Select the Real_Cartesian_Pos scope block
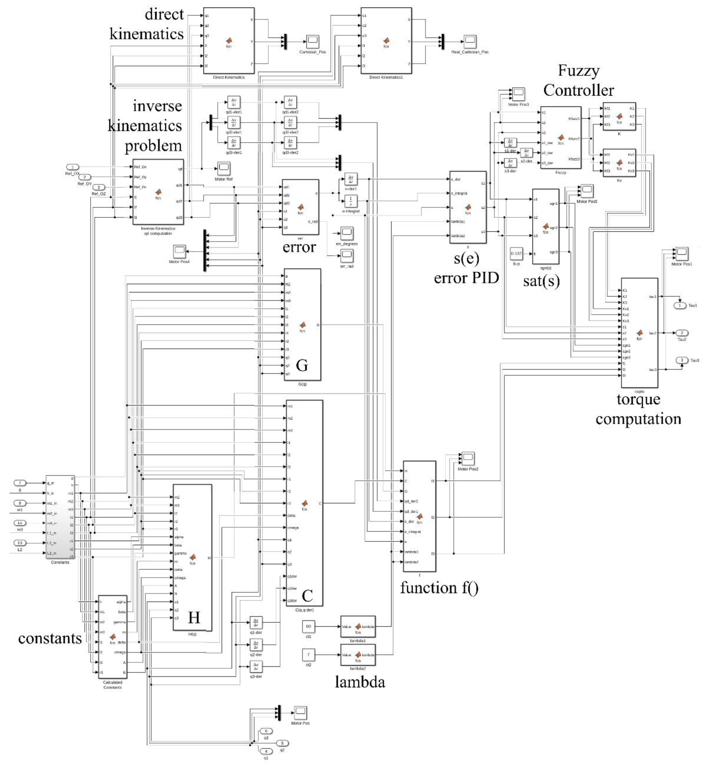click(470, 41)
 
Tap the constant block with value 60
click(308, 627)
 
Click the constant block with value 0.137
click(516, 254)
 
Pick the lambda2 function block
click(358, 655)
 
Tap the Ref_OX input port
click(72, 167)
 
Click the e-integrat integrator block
click(350, 200)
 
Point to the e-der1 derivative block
click(350, 179)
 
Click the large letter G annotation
click(302, 365)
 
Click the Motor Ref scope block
click(224, 168)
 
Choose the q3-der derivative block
click(256, 666)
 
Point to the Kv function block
click(619, 163)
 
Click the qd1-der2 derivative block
click(290, 102)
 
